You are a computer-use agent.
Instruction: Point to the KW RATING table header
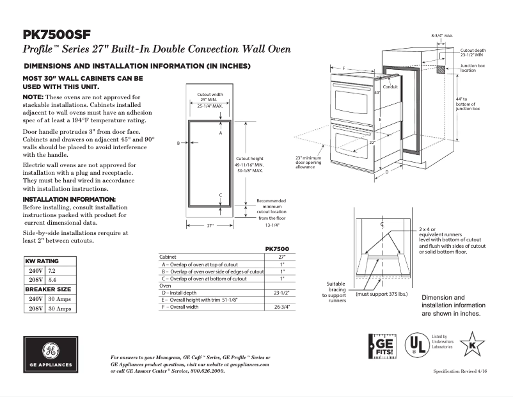42,262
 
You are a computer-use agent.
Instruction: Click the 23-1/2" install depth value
278,293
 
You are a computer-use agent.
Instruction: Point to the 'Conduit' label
390,87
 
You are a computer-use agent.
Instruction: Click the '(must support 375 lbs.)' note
382,294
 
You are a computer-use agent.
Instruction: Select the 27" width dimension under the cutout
210,225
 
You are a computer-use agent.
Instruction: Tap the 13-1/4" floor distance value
272,225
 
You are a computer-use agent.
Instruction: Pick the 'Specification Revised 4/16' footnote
456,371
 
